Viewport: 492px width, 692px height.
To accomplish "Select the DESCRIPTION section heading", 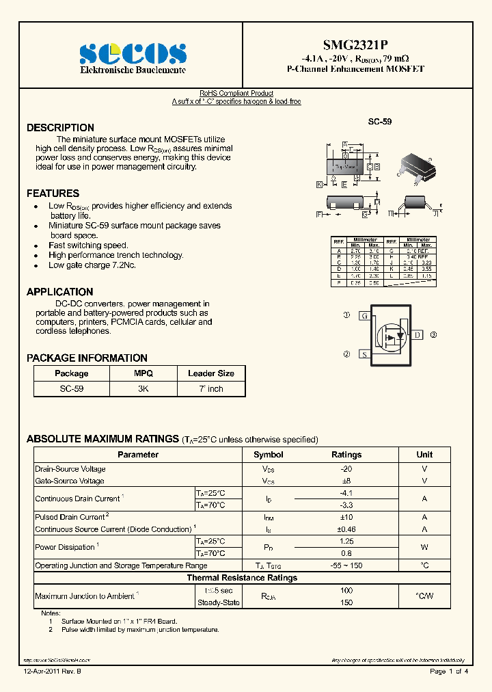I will (60, 128).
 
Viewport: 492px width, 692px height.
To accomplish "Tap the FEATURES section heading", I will (53, 194).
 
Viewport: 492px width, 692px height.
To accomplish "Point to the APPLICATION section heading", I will (59, 292).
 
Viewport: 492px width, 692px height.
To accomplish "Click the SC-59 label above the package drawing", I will (380, 121).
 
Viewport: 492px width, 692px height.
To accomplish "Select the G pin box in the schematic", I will (365, 316).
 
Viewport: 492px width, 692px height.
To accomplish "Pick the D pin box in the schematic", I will (417, 335).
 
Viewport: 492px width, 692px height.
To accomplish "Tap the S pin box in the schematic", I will (365, 354).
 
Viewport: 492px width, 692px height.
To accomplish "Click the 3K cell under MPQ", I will (143, 388).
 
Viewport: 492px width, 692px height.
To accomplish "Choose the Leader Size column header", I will (210, 373).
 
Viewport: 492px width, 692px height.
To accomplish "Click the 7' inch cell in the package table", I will (210, 388).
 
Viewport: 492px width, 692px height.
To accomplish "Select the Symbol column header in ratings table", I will (268, 455).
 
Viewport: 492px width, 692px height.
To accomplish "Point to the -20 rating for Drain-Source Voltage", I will (346, 469).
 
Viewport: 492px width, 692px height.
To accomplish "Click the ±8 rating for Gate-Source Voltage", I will (346, 481).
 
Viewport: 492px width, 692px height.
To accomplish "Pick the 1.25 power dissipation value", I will (346, 541).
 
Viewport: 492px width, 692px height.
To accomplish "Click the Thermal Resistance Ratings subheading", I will (242, 578).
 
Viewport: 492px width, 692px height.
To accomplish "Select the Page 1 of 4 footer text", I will (448, 672).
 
